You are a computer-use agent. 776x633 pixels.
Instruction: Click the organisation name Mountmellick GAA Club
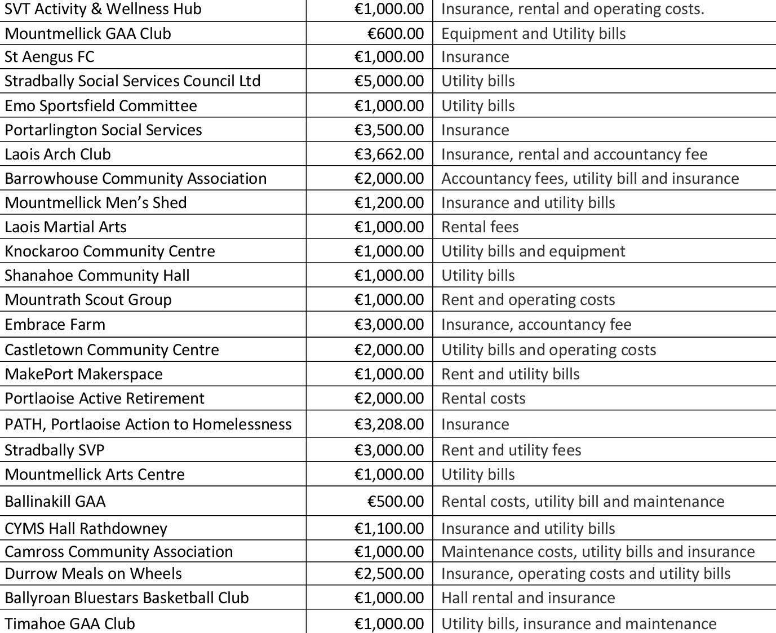(88, 34)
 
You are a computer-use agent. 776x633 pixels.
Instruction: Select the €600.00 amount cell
(395, 34)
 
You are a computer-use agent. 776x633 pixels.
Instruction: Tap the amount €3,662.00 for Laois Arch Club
(389, 154)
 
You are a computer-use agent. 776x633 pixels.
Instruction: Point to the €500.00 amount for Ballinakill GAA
(395, 501)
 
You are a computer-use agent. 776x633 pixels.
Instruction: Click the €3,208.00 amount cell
(389, 424)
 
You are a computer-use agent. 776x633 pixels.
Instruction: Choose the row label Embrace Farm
(55, 325)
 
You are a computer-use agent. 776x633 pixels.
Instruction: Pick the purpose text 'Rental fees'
(480, 227)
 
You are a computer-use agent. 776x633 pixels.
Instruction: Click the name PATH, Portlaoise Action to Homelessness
(148, 424)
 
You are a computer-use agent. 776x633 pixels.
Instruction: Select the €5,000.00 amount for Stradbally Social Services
(389, 81)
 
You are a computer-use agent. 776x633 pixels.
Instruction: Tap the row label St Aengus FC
(50, 57)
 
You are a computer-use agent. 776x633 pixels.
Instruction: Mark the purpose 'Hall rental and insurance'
(528, 598)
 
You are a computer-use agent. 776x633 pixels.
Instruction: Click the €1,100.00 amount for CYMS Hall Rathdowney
(389, 528)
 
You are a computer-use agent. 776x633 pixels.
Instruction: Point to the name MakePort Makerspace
(84, 374)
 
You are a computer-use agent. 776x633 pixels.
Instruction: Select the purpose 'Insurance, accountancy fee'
(536, 325)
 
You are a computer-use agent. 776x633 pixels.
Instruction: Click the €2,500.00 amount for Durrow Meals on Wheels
(389, 574)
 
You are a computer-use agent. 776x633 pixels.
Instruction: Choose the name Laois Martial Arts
(66, 227)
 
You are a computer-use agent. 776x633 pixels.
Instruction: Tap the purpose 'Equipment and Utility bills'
(533, 34)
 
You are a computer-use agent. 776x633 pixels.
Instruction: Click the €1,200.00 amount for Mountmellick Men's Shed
(389, 203)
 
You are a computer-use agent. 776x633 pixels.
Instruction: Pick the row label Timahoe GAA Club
(70, 623)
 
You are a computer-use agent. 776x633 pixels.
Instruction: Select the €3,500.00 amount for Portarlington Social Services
(389, 130)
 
